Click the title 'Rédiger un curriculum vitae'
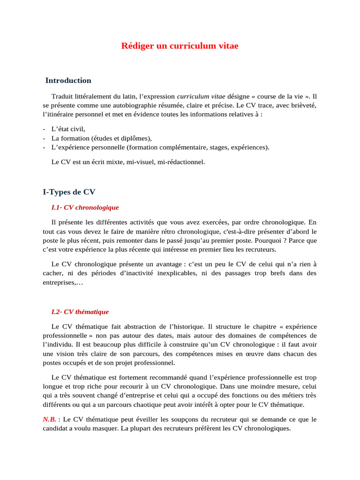[180, 45]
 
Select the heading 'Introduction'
[68, 81]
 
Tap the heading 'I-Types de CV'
[69, 192]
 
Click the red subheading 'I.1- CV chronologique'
[85, 207]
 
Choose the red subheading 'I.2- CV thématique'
[80, 312]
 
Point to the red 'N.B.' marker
[50, 419]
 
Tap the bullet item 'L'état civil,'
[68, 129]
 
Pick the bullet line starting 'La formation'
[101, 138]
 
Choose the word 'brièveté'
[303, 105]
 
